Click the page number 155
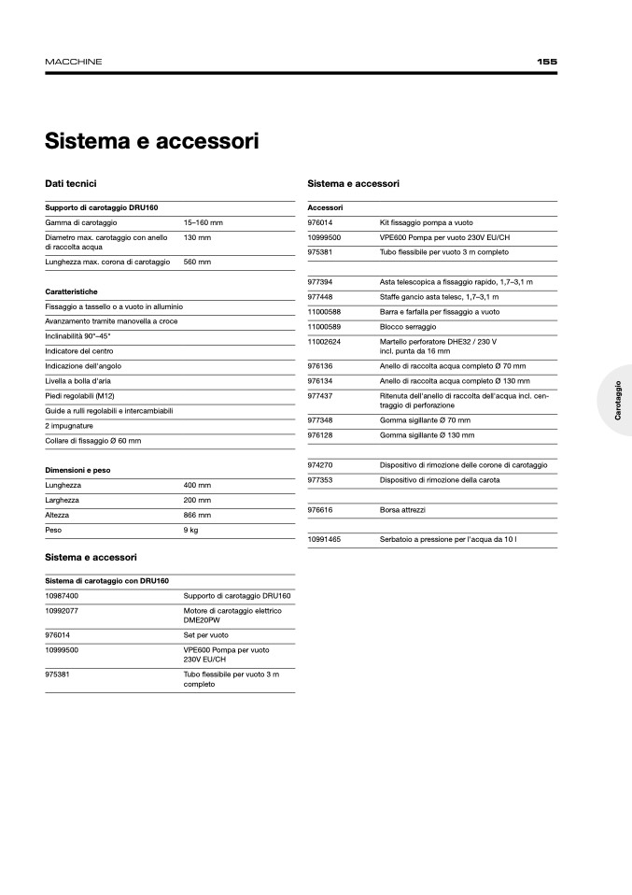click(x=547, y=62)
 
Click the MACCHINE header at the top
click(x=74, y=62)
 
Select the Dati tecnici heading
click(x=71, y=184)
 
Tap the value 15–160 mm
click(x=203, y=223)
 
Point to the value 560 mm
click(x=197, y=263)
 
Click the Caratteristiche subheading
click(x=72, y=291)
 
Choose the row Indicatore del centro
click(x=79, y=351)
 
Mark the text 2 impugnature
click(x=68, y=426)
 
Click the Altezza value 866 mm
click(x=197, y=515)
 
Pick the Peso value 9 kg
click(x=190, y=530)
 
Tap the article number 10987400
click(x=62, y=595)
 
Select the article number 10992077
click(x=62, y=610)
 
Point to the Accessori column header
click(x=325, y=207)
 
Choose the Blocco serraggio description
click(x=406, y=326)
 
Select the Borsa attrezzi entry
click(x=402, y=510)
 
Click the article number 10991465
click(x=324, y=540)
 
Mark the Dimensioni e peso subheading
click(x=77, y=470)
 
